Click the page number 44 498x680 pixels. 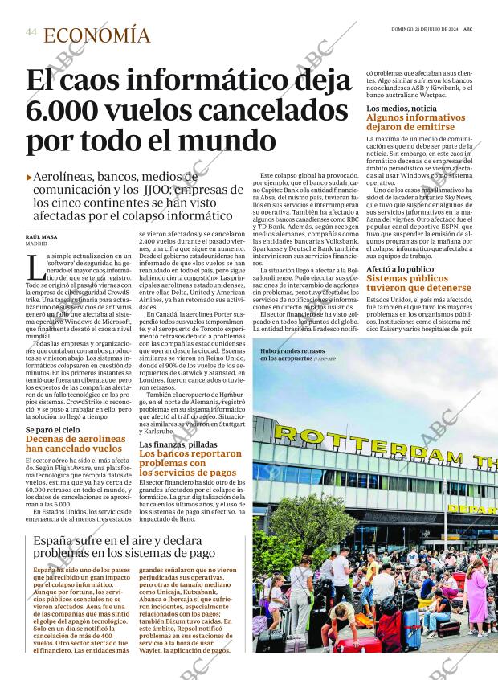pyautogui.click(x=31, y=32)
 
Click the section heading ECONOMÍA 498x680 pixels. pyautogui.click(x=96, y=35)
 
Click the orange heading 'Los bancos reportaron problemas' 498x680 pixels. pyautogui.click(x=189, y=464)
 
